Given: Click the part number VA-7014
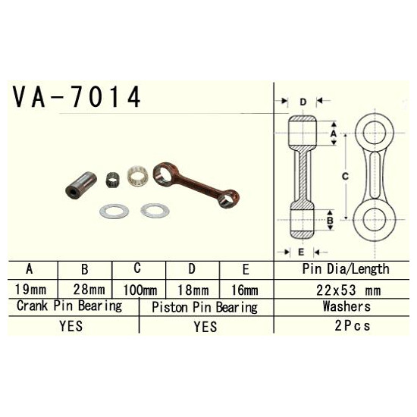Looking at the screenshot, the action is pos(77,96).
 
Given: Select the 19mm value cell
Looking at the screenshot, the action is pos(30,289).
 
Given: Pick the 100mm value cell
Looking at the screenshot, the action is pos(140,290).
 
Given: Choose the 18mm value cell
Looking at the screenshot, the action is pos(193,290).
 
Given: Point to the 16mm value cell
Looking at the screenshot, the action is pos(244,290).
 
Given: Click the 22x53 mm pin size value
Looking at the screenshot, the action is pos(348,290).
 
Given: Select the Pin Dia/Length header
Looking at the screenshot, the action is pos(346,269).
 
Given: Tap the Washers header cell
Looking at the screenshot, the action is pos(346,306).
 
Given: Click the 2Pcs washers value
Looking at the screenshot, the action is pos(352,325).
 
